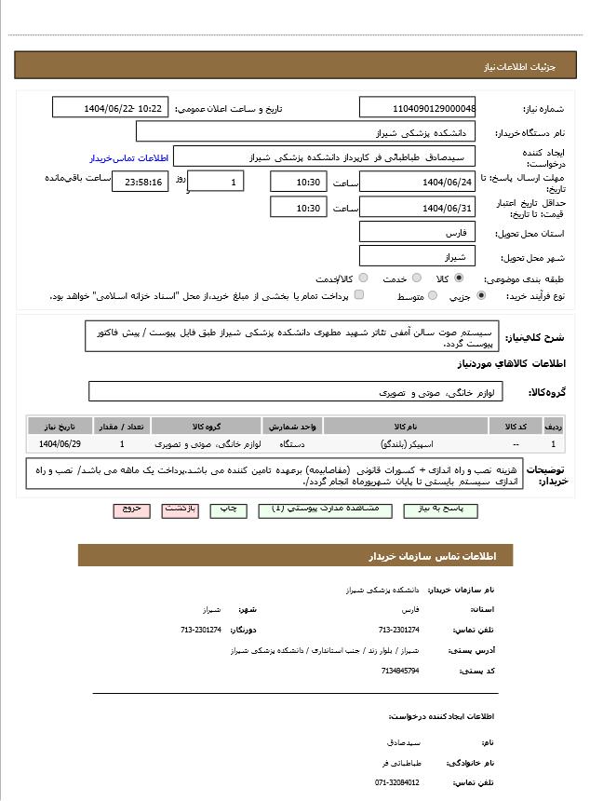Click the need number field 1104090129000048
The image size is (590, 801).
[417, 108]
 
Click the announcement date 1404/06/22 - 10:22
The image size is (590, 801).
[110, 108]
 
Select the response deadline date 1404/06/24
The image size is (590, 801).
[417, 182]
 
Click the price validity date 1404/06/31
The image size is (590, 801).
[417, 208]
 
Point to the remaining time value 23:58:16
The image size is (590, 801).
[141, 182]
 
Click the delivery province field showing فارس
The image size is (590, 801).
[417, 232]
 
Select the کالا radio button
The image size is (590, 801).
[459, 278]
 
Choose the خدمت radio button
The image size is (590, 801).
[417, 278]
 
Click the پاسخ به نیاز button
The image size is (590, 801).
[440, 510]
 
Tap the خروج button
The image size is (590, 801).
[131, 510]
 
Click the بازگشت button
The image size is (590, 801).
[181, 510]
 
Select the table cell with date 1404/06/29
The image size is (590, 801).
[60, 444]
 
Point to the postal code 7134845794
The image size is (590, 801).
[400, 670]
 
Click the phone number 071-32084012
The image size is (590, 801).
[397, 782]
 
